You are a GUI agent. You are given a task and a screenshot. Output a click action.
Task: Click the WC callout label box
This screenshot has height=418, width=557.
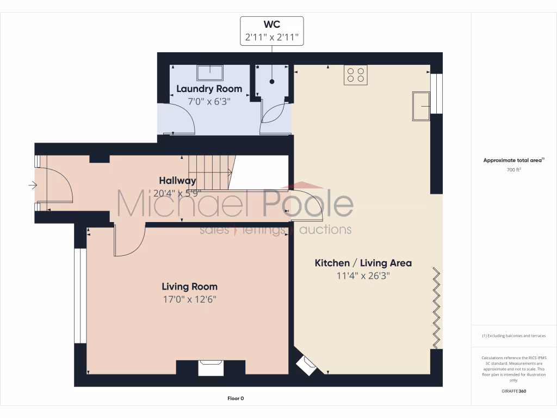[x=271, y=31]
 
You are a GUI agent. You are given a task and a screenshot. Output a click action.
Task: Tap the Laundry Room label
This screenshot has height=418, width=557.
[x=209, y=89]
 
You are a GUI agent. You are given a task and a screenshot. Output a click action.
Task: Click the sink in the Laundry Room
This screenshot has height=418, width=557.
[x=209, y=73]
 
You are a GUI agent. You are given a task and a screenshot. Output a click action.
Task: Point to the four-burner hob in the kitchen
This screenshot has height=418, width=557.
[x=355, y=75]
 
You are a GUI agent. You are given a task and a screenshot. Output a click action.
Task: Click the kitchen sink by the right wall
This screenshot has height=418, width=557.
[x=421, y=106]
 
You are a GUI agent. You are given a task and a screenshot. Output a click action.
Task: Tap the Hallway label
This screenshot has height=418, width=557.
[x=177, y=180]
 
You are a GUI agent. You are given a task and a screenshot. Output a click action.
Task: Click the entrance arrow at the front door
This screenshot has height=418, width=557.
[x=33, y=186]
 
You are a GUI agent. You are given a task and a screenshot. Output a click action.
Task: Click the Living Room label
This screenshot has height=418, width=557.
[x=189, y=286]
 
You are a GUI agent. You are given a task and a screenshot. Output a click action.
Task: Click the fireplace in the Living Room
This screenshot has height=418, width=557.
[x=210, y=368]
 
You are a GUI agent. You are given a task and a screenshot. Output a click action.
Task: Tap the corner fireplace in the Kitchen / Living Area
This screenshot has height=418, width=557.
[x=306, y=365]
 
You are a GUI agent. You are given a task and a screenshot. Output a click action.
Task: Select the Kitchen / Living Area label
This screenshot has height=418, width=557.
[x=363, y=263]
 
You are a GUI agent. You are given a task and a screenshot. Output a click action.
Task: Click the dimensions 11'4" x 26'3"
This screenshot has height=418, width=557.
[x=363, y=276]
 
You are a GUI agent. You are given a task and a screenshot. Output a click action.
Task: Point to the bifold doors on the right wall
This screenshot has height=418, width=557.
[x=436, y=308]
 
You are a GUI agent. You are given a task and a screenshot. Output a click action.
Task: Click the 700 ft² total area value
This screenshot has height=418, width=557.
[x=513, y=170]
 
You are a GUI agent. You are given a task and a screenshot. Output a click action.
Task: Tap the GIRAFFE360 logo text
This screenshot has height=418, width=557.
[x=513, y=391]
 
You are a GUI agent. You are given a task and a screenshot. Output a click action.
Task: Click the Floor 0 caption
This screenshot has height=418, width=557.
[x=236, y=398]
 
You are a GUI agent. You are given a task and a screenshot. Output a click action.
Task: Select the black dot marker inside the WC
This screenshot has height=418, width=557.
[x=271, y=82]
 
